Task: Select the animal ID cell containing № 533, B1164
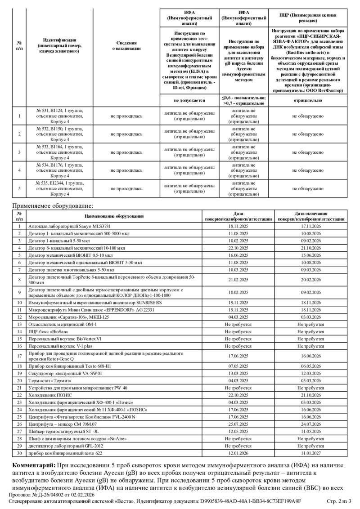tap(59, 152)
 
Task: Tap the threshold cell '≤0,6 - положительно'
tap(243, 98)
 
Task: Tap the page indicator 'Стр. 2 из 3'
tap(338, 501)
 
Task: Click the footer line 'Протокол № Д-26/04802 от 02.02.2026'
tap(52, 495)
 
